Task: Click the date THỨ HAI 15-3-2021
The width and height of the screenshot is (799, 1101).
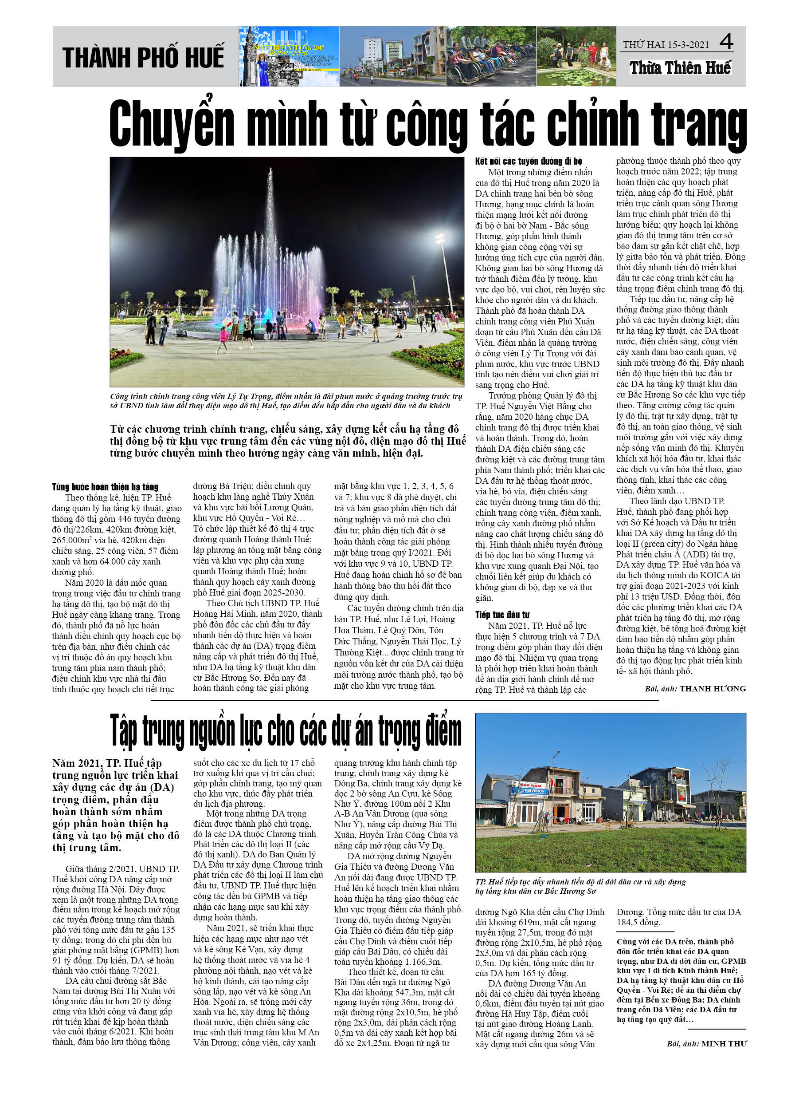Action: (x=666, y=45)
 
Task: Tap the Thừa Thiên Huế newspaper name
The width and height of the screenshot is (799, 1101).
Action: (x=680, y=68)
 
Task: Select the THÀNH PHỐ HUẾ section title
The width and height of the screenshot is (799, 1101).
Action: (x=144, y=57)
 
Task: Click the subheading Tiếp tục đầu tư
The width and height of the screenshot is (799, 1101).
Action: (x=502, y=615)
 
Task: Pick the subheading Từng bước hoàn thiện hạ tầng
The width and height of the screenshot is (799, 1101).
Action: (x=105, y=487)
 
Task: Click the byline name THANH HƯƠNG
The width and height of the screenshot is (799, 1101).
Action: (x=712, y=688)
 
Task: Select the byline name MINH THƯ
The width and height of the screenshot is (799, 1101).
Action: (x=723, y=1043)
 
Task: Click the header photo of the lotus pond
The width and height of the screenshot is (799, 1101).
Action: (x=576, y=56)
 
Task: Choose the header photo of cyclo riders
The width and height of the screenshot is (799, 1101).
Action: (x=490, y=56)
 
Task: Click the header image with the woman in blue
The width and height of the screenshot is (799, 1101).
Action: (x=289, y=56)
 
